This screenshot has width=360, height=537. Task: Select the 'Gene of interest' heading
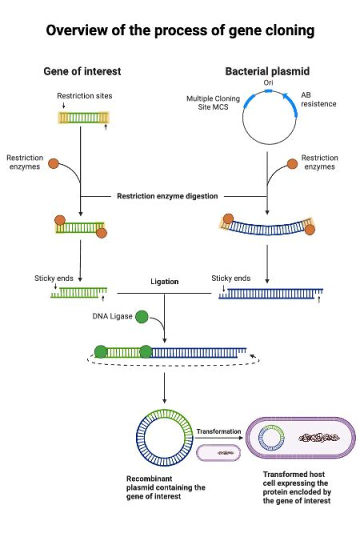82,71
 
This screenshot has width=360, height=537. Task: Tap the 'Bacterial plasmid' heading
267,71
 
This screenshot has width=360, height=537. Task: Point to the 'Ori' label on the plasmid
268,83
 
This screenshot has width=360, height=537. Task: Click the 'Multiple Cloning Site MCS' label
213,103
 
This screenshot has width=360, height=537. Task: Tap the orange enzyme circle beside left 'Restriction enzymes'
53,163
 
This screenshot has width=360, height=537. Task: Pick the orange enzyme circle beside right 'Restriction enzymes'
292,163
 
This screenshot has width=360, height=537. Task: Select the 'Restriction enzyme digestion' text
167,196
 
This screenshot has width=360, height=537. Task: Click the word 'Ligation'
164,282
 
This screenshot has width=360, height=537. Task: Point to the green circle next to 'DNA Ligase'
142,316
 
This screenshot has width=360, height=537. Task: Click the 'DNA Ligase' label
111,316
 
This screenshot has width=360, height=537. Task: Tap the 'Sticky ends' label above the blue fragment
231,278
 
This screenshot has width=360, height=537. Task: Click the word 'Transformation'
218,431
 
